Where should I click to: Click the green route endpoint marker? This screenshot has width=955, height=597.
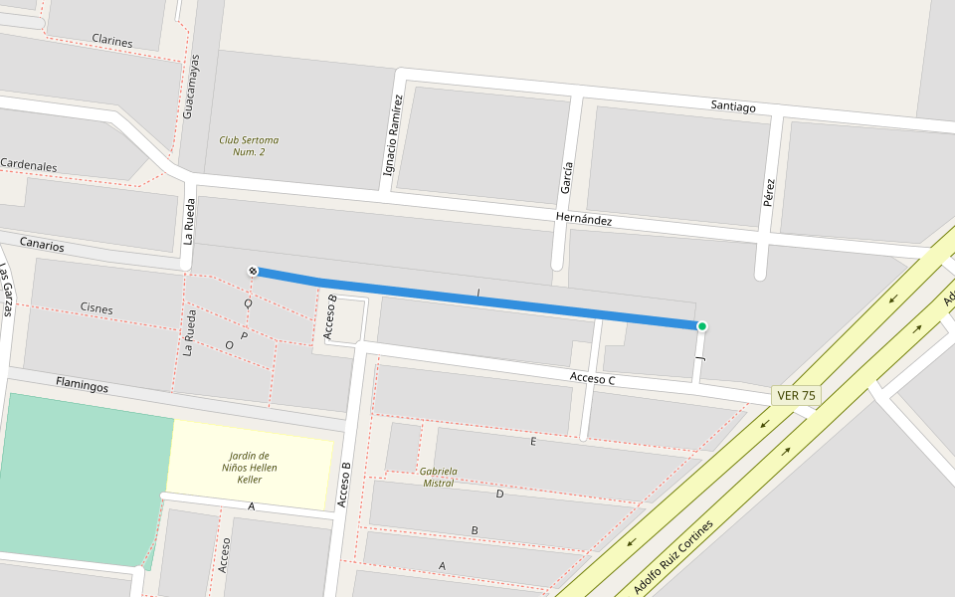click(x=701, y=326)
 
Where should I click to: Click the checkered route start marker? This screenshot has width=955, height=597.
click(x=253, y=271)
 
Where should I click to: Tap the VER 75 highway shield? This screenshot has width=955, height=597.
click(x=796, y=396)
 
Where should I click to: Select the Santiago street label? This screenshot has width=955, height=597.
click(x=733, y=106)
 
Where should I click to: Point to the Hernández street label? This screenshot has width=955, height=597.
click(x=583, y=220)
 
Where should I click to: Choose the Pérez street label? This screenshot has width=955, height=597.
click(x=768, y=192)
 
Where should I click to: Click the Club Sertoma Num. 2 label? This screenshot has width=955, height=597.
click(x=249, y=146)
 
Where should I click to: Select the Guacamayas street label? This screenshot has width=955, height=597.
click(x=193, y=87)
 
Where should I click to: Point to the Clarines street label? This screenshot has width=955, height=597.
click(x=112, y=41)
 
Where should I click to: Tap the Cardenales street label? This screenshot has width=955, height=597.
click(x=29, y=165)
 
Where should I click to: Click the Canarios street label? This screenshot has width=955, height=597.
click(x=42, y=244)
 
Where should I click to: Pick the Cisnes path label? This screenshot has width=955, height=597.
click(x=96, y=308)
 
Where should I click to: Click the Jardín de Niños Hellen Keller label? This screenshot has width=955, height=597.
click(x=250, y=468)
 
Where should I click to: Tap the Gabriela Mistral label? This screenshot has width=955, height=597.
click(x=439, y=477)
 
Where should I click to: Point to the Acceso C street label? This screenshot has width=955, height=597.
click(x=593, y=378)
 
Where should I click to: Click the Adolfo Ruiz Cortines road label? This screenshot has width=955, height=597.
click(x=674, y=557)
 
